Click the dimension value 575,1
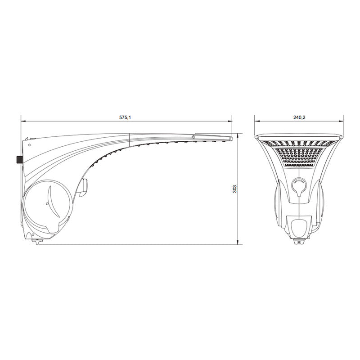tap(125, 117)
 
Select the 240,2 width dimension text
tap(299, 117)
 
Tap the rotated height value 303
tap(234, 189)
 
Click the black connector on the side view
tap(19, 159)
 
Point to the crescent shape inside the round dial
tap(53, 202)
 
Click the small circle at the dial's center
tap(47, 204)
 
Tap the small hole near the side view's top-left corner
tap(29, 145)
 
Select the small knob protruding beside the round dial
tap(84, 188)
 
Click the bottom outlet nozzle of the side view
tap(37, 242)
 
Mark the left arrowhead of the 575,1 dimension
tap(23, 121)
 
